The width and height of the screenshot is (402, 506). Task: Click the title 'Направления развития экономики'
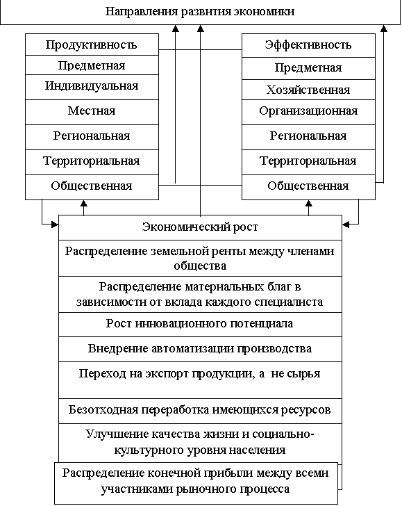200,12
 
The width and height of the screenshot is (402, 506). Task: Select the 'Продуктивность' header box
92,44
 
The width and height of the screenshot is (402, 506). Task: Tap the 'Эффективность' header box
308,45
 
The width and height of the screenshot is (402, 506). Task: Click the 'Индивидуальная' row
92,87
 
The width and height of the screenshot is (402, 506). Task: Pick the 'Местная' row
92,112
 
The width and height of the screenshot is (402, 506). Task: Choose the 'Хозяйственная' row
308,90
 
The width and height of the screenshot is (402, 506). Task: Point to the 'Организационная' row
308,112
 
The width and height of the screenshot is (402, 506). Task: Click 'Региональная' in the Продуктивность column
92,137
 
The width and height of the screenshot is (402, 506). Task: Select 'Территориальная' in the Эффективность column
308,162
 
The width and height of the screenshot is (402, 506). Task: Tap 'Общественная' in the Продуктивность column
92,187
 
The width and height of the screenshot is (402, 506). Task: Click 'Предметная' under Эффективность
308,68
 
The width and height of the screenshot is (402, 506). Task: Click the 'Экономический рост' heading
200,227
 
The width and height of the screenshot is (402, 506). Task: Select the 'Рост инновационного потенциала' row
200,325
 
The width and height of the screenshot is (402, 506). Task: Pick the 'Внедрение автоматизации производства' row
200,349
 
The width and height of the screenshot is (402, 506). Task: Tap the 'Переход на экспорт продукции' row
200,379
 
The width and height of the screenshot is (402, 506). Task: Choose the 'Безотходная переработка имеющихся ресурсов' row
200,411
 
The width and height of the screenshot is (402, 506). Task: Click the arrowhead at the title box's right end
384,28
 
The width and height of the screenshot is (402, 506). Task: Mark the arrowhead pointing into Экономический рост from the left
55,225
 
